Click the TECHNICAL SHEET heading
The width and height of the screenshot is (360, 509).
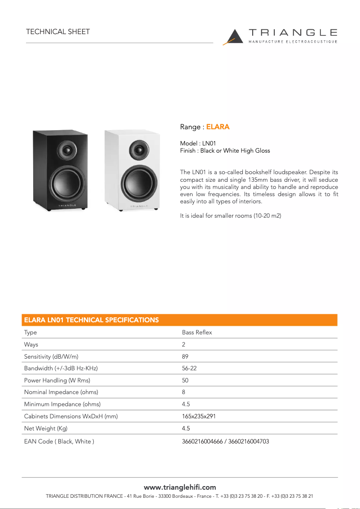click(58, 32)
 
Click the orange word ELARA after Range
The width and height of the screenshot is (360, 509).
click(218, 127)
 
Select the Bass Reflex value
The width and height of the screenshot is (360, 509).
click(197, 333)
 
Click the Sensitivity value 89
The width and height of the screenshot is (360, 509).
click(185, 356)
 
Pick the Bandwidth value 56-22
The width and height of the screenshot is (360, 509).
click(189, 369)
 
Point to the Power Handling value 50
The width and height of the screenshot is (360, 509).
click(185, 380)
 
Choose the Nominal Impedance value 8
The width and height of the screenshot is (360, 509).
click(184, 392)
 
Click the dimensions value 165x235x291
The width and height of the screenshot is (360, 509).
click(199, 417)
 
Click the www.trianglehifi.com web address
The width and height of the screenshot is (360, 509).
click(180, 487)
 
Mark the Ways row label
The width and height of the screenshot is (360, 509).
click(31, 345)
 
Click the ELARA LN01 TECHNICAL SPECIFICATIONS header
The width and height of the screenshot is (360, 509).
click(91, 320)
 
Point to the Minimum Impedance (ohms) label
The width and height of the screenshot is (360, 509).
click(62, 404)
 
